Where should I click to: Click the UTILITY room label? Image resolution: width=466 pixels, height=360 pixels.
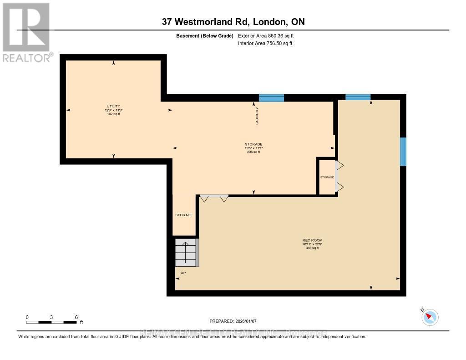pyautogui.click(x=113, y=106)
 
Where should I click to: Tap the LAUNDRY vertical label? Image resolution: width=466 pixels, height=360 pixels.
pyautogui.click(x=257, y=116)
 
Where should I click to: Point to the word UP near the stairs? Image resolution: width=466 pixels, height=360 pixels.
pyautogui.click(x=183, y=273)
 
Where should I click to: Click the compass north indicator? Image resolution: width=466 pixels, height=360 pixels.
pyautogui.click(x=429, y=317)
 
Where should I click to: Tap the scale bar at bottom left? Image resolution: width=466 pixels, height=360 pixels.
pyautogui.click(x=51, y=322)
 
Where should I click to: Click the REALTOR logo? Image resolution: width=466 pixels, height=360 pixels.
pyautogui.click(x=26, y=32)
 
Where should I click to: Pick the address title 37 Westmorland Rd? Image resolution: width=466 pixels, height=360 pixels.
pyautogui.click(x=233, y=21)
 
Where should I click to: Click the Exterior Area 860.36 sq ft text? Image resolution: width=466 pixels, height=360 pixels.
pyautogui.click(x=269, y=35)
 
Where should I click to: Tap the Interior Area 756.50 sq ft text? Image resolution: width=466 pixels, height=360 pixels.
pyautogui.click(x=265, y=44)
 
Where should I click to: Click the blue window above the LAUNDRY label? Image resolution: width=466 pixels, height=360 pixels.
pyautogui.click(x=271, y=98)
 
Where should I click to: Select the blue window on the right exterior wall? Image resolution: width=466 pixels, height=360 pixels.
pyautogui.click(x=403, y=152)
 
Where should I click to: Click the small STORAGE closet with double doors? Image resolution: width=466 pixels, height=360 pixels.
pyautogui.click(x=327, y=177)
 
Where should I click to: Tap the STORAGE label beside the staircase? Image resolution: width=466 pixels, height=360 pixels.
pyautogui.click(x=184, y=215)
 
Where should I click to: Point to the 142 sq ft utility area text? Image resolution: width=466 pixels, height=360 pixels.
pyautogui.click(x=113, y=114)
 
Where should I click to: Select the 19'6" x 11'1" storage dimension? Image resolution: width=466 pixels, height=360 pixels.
pyautogui.click(x=253, y=148)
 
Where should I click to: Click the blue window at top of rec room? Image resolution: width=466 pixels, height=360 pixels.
pyautogui.click(x=358, y=97)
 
